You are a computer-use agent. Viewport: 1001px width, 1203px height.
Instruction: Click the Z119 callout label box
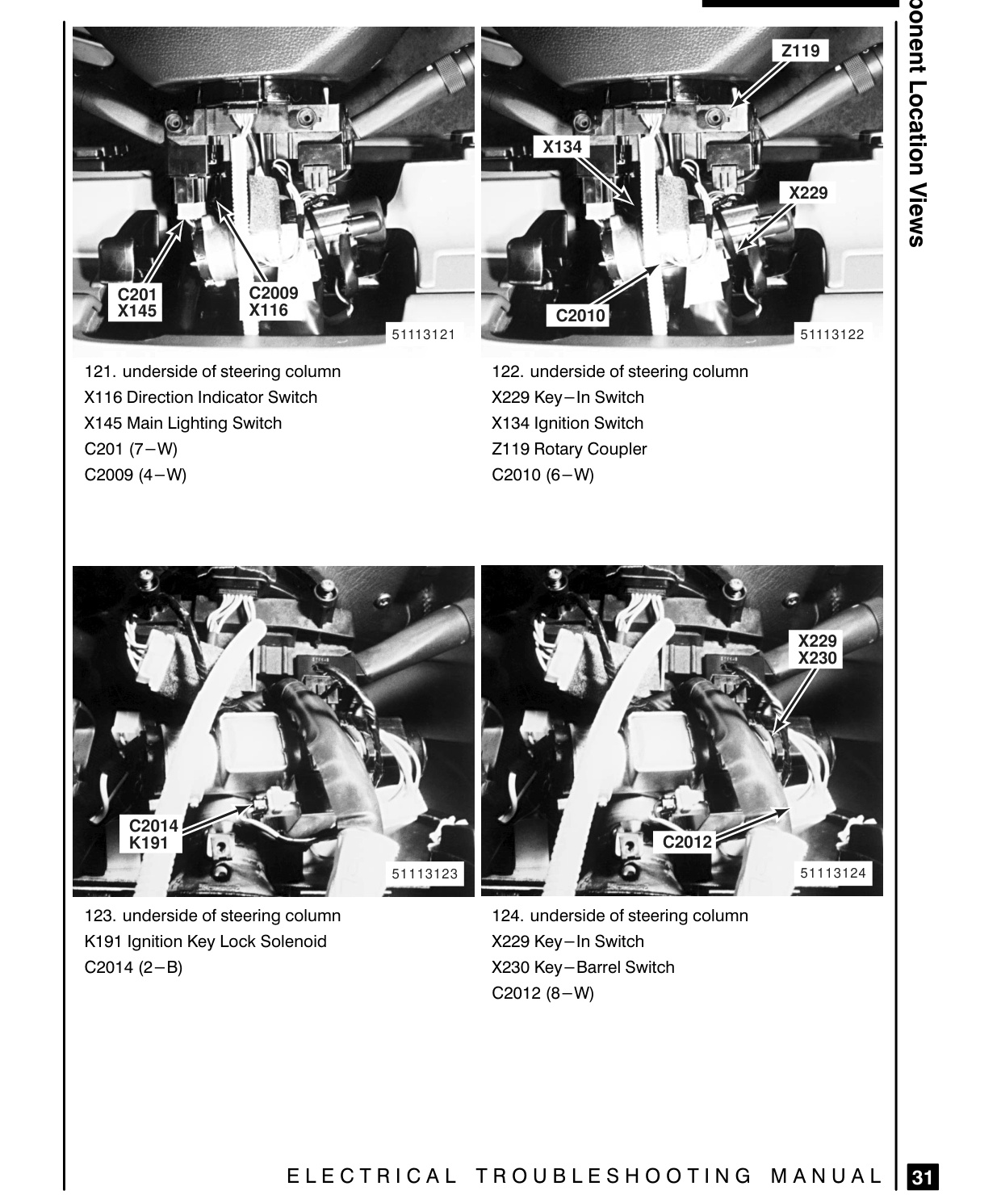coord(800,51)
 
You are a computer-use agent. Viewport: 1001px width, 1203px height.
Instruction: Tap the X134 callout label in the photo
coord(562,147)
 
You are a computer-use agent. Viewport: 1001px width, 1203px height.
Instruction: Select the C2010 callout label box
coord(580,315)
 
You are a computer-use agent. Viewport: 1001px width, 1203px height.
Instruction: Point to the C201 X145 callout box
coord(136,303)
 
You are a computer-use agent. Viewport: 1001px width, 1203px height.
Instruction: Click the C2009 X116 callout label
coord(273,301)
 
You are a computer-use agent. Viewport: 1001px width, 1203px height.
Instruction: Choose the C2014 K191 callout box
coord(152,834)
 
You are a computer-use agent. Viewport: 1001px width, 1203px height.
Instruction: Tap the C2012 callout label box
coord(686,842)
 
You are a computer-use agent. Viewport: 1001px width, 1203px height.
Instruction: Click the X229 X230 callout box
coord(816,649)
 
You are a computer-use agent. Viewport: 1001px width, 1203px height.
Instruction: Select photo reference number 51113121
coord(423,335)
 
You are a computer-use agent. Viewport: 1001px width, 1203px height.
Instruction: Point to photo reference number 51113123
coord(425,874)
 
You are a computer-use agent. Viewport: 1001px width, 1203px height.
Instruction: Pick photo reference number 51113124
coord(833,874)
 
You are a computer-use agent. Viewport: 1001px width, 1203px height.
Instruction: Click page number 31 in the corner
coord(923,1176)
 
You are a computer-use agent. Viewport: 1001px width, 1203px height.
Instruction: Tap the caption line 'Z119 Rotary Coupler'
coord(569,449)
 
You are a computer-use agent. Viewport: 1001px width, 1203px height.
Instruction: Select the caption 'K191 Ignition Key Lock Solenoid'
coord(206,941)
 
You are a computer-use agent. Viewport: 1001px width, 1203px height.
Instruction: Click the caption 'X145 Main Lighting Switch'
coord(183,423)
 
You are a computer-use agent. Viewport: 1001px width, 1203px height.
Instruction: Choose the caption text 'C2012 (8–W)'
coord(542,993)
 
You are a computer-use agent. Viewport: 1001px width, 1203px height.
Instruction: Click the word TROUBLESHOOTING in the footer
coord(614,1176)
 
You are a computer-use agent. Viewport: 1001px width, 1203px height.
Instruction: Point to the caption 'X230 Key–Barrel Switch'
coord(583,967)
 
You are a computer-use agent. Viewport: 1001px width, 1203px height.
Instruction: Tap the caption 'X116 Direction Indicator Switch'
coord(200,397)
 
